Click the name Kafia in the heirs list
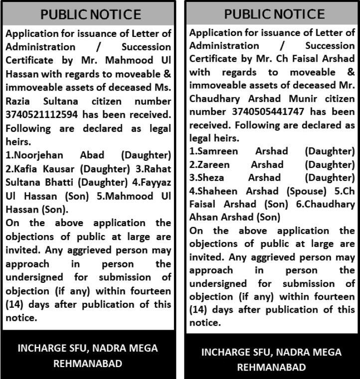(x=32, y=169)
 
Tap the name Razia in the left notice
(x=19, y=102)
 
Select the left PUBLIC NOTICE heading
(x=91, y=14)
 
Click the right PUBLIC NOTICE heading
(x=274, y=14)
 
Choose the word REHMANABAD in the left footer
(x=88, y=364)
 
